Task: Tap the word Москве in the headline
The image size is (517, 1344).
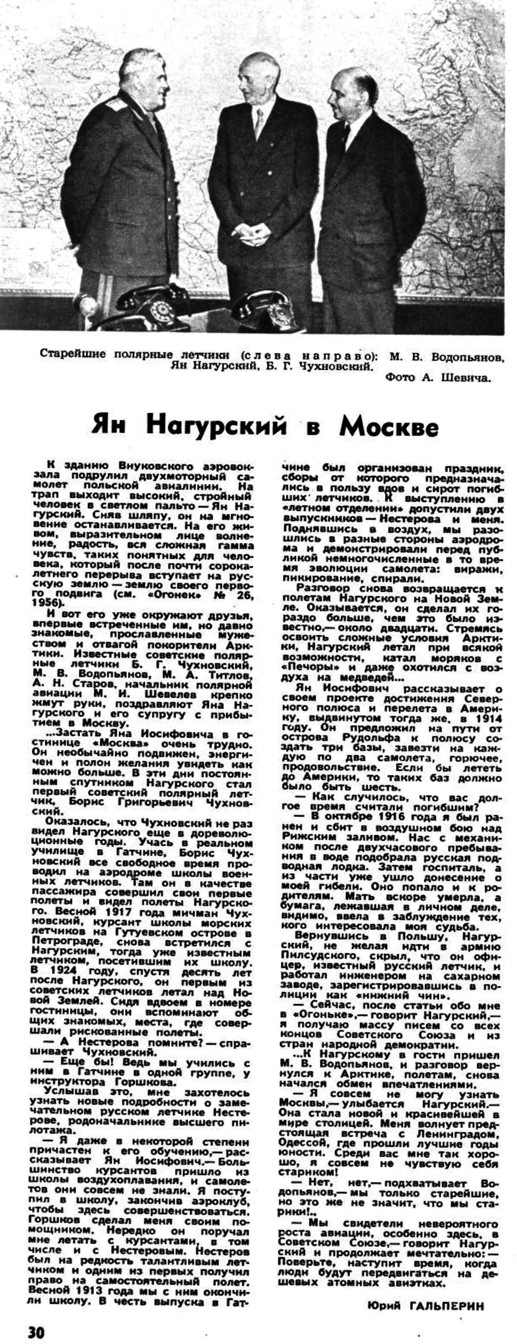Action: click(x=389, y=426)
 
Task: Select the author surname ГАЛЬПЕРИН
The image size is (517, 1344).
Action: click(x=447, y=1303)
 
